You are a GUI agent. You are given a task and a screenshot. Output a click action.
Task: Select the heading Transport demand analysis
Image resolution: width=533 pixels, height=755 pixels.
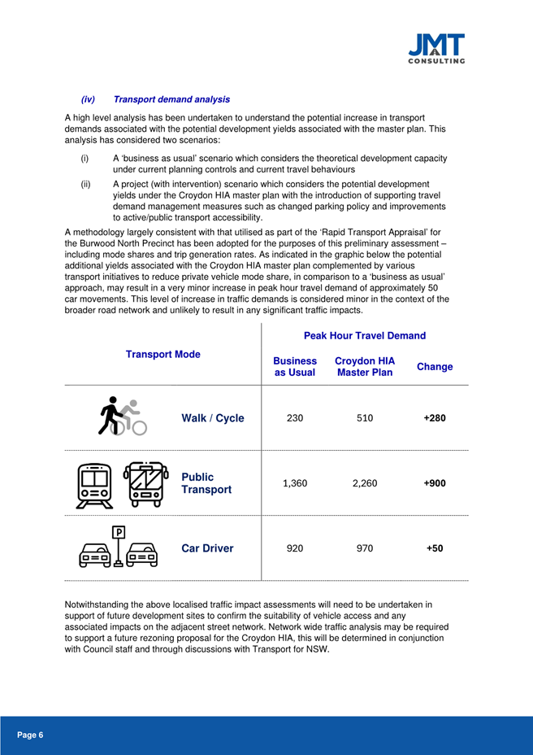[171, 99]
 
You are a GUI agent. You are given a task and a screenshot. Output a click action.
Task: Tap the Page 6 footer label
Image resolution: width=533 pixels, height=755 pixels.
[31, 735]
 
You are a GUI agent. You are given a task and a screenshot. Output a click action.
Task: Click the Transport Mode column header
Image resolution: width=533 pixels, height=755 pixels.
[164, 355]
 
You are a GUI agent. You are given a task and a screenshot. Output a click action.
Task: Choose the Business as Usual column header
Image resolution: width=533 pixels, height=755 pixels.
[295, 367]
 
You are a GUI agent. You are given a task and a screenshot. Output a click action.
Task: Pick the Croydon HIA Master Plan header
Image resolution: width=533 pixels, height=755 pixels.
[365, 367]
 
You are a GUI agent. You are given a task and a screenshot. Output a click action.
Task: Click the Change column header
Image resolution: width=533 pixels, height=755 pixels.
[435, 367]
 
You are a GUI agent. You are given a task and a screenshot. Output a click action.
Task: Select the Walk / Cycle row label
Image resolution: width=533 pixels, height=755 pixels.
[212, 418]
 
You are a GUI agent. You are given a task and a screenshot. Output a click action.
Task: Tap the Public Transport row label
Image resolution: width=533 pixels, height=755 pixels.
[207, 482]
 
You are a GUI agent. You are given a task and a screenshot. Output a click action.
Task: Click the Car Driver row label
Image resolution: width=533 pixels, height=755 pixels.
[206, 548]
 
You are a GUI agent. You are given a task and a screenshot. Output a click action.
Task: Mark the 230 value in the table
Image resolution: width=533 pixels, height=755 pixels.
[295, 418]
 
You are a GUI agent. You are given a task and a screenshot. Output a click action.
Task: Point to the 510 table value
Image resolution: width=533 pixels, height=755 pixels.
[365, 418]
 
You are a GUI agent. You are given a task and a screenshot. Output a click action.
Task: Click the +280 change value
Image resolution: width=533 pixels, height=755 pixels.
[435, 418]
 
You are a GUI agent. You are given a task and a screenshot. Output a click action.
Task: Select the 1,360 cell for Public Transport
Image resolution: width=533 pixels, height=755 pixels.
[295, 482]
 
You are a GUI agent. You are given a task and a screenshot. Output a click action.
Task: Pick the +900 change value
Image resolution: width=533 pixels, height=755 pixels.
[435, 482]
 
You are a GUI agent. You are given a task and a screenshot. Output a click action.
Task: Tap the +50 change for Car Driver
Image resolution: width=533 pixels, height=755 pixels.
[435, 548]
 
